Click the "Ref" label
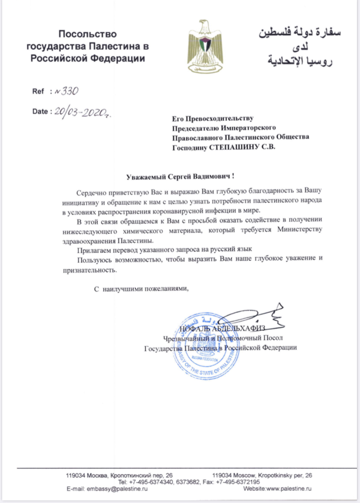point(38,92)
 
